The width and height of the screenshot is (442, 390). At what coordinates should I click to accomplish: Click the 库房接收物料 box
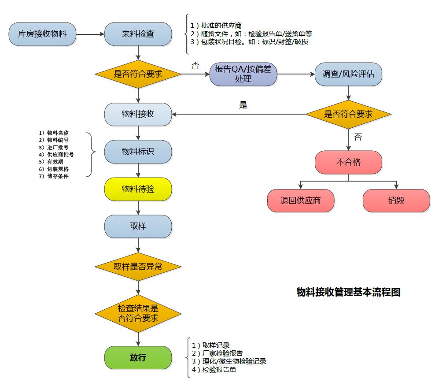pyautogui.click(x=42, y=33)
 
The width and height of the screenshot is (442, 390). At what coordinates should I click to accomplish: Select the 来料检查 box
pyautogui.click(x=138, y=33)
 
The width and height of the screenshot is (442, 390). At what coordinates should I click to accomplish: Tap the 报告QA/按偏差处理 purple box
pyautogui.click(x=243, y=74)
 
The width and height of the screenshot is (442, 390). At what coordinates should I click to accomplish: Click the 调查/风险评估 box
pyautogui.click(x=349, y=74)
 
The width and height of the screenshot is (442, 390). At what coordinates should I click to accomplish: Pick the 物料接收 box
pyautogui.click(x=138, y=114)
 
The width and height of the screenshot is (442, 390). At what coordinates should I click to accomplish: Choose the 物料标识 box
pyautogui.click(x=138, y=152)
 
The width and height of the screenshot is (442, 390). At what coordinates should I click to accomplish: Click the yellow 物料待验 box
pyautogui.click(x=138, y=189)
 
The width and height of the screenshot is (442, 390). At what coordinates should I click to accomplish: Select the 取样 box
pyautogui.click(x=138, y=227)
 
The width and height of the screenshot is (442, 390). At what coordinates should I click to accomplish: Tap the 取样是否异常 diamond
pyautogui.click(x=138, y=266)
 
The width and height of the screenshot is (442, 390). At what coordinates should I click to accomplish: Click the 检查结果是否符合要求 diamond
pyautogui.click(x=138, y=313)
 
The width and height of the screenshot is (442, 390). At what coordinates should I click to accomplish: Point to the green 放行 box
pyautogui.click(x=138, y=357)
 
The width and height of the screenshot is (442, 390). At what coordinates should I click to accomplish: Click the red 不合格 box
pyautogui.click(x=348, y=162)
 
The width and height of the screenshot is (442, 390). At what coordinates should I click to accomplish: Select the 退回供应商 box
pyautogui.click(x=301, y=201)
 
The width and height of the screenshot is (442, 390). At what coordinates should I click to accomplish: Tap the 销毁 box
pyautogui.click(x=396, y=201)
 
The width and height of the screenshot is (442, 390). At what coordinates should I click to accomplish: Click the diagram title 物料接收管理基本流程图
pyautogui.click(x=348, y=292)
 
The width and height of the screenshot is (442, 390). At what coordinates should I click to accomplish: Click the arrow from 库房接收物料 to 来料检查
pyautogui.click(x=90, y=33)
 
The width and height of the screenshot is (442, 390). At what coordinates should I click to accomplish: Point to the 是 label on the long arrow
pyautogui.click(x=243, y=105)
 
